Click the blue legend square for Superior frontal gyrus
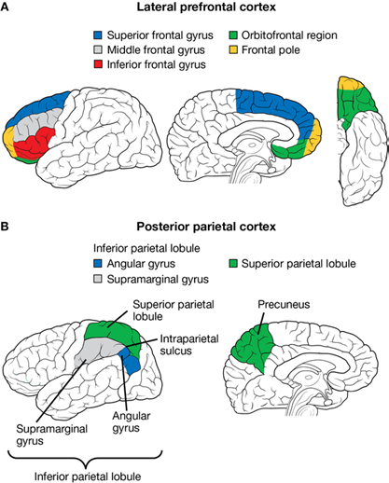[98, 35]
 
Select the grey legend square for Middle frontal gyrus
[98, 49]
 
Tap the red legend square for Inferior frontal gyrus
[98, 64]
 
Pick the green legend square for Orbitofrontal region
[233, 35]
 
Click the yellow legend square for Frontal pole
[233, 49]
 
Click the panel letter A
[5, 7]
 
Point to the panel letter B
[5, 227]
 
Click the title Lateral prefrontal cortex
[206, 7]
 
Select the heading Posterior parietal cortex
[206, 227]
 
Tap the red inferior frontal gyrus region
[33, 145]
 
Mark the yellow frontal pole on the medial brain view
[314, 137]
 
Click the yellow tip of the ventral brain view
[352, 83]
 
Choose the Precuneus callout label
[284, 304]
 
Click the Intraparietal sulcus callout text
[189, 345]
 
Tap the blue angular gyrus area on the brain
[131, 362]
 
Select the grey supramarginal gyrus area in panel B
[96, 352]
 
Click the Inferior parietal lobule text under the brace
[88, 476]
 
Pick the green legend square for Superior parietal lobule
[233, 264]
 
